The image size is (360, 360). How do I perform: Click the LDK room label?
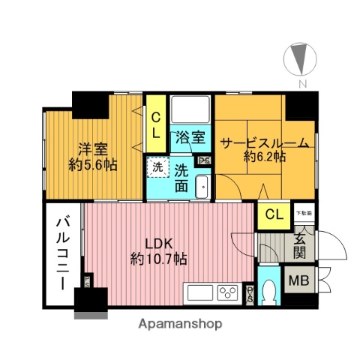pos(159,244)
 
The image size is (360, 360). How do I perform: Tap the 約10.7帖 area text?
pos(159,259)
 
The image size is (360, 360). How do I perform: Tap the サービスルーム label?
pos(265,142)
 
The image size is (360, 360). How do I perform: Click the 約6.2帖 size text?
pos(264,157)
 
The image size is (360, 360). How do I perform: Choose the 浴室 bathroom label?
pos(190,137)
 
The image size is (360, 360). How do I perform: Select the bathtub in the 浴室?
pos(190,110)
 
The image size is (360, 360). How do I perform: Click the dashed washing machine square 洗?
pos(157,166)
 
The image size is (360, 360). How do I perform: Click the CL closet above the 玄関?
pos(274,214)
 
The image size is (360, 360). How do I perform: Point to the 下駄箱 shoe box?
pos(303,214)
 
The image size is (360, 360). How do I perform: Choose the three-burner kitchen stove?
pos(228,292)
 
